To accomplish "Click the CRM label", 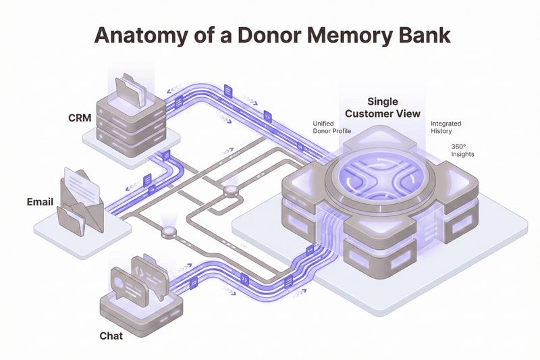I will [x=80, y=118].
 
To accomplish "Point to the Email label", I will [x=40, y=202].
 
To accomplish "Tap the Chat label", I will [x=111, y=335].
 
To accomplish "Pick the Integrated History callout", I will [x=446, y=127].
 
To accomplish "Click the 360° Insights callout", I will [x=462, y=150].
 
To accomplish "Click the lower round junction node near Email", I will [x=168, y=232].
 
